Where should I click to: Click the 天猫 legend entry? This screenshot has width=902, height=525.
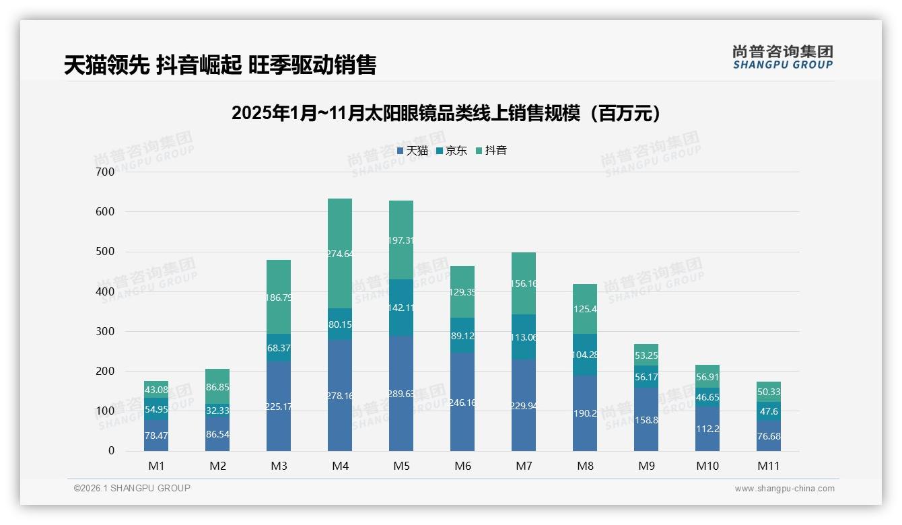(413, 151)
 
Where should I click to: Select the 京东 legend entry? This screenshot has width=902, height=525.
(452, 151)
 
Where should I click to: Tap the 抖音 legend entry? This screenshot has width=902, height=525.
(491, 151)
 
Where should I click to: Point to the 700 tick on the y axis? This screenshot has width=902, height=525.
(104, 172)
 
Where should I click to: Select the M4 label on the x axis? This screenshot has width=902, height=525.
(340, 466)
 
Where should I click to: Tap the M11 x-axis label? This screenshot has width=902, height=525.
(769, 466)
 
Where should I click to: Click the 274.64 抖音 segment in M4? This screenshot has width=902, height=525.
(340, 254)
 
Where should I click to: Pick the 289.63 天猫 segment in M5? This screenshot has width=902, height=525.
(401, 394)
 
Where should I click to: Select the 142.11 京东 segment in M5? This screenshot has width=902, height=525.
(401, 308)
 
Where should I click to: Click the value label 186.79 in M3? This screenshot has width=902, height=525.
(279, 297)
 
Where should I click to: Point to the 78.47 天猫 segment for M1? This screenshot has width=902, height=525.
(156, 435)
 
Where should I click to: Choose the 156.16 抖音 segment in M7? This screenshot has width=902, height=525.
(524, 283)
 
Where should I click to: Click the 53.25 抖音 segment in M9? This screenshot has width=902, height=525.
(646, 355)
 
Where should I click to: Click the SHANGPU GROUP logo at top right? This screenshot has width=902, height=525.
(782, 57)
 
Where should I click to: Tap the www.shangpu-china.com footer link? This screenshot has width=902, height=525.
(784, 489)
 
